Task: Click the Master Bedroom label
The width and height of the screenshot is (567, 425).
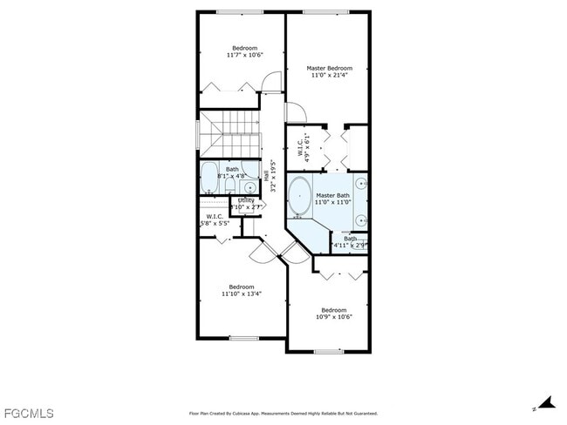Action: pos(329,68)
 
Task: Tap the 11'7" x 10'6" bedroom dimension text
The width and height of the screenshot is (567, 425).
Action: pos(244,55)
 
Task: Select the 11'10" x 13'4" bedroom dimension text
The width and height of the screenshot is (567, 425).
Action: pos(242,293)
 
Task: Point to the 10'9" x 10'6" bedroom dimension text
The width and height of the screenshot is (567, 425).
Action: pos(333,317)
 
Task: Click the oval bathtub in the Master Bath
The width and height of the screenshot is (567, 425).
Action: pos(299,197)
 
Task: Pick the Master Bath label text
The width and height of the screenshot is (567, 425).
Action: pos(332,195)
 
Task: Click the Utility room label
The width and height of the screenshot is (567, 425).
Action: pos(246,200)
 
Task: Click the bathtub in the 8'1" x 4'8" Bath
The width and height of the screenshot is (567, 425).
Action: pos(208,179)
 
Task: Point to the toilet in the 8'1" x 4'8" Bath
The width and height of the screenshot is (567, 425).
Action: pos(250,186)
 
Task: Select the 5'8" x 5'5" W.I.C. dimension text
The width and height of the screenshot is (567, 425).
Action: pos(215,224)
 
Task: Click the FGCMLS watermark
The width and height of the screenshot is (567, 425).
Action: pos(29,412)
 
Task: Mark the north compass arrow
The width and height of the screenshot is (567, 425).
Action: pos(546,403)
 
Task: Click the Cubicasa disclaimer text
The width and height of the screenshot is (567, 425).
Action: pos(283,414)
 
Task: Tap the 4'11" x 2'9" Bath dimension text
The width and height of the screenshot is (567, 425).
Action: pos(350,246)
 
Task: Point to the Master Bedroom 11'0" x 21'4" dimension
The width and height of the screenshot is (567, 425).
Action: pos(329,75)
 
